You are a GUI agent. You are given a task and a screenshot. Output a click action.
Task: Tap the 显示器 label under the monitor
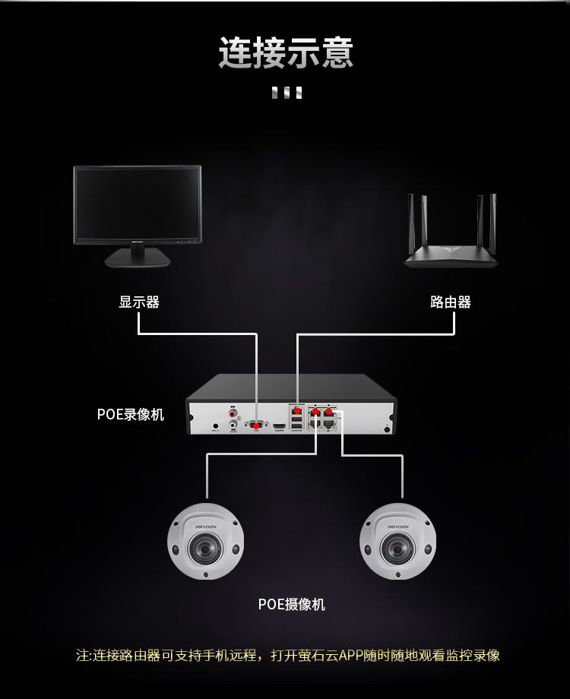click(x=139, y=302)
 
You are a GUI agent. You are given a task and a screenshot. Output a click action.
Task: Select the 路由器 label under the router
click(x=451, y=302)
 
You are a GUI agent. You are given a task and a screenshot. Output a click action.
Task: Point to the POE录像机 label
click(x=130, y=414)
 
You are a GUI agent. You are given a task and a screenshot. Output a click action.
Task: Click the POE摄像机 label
click(x=292, y=604)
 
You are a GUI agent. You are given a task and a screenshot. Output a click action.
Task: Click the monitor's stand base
click(x=138, y=260)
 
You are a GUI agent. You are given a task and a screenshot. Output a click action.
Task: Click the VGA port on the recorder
click(x=257, y=425)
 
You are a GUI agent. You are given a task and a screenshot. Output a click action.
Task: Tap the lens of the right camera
click(x=396, y=544)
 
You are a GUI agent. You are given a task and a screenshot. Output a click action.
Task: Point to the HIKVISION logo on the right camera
click(x=398, y=526)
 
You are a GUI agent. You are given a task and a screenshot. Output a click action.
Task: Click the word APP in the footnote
click(x=351, y=655)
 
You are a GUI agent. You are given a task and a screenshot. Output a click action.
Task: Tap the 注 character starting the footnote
click(x=82, y=655)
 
